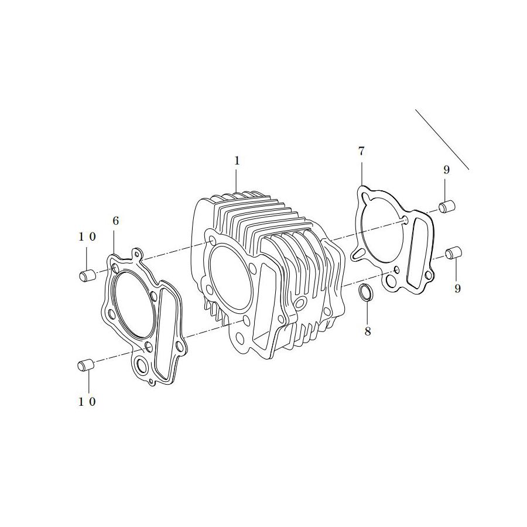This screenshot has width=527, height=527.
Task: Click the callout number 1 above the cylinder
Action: click(237, 161)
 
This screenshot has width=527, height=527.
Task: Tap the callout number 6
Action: click(115, 221)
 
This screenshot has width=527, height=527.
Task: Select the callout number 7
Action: click(361, 152)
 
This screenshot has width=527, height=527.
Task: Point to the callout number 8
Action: click(368, 331)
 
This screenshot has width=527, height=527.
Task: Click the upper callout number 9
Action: click(446, 170)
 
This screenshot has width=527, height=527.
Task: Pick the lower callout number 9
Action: click(457, 288)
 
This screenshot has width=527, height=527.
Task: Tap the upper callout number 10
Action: click(87, 237)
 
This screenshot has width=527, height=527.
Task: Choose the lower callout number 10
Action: click(87, 402)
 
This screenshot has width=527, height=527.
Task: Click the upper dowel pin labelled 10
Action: click(87, 275)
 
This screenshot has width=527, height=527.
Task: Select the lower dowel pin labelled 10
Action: click(85, 365)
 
